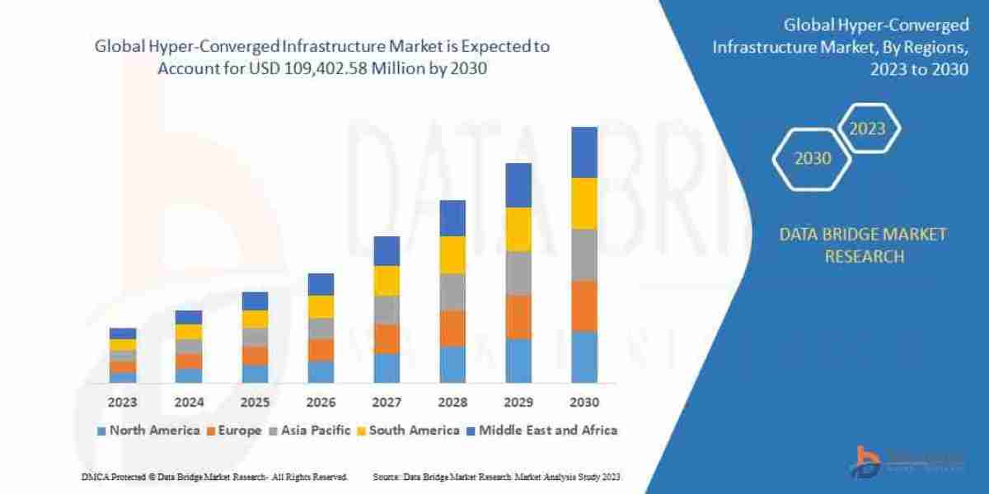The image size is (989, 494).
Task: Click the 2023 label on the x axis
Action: point(122,403)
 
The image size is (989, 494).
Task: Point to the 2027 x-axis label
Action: point(386,403)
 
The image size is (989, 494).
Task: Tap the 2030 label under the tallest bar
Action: point(584,403)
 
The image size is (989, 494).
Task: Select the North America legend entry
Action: point(148,430)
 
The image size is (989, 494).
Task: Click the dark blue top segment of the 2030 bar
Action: point(584,152)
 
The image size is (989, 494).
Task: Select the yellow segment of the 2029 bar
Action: point(518,229)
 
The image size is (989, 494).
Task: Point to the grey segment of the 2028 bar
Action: point(452,291)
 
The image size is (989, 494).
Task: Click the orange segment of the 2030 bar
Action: point(584,305)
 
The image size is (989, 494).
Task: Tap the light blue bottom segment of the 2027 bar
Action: point(386,368)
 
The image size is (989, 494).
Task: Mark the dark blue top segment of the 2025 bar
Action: point(255,301)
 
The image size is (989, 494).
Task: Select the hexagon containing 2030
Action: point(813,159)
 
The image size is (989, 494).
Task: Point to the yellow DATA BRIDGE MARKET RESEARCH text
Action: point(863,245)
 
